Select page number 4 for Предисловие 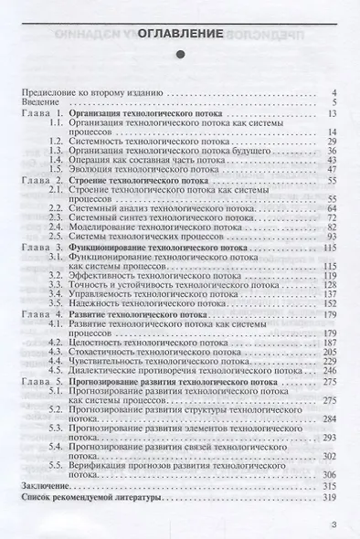pos(335,93)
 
